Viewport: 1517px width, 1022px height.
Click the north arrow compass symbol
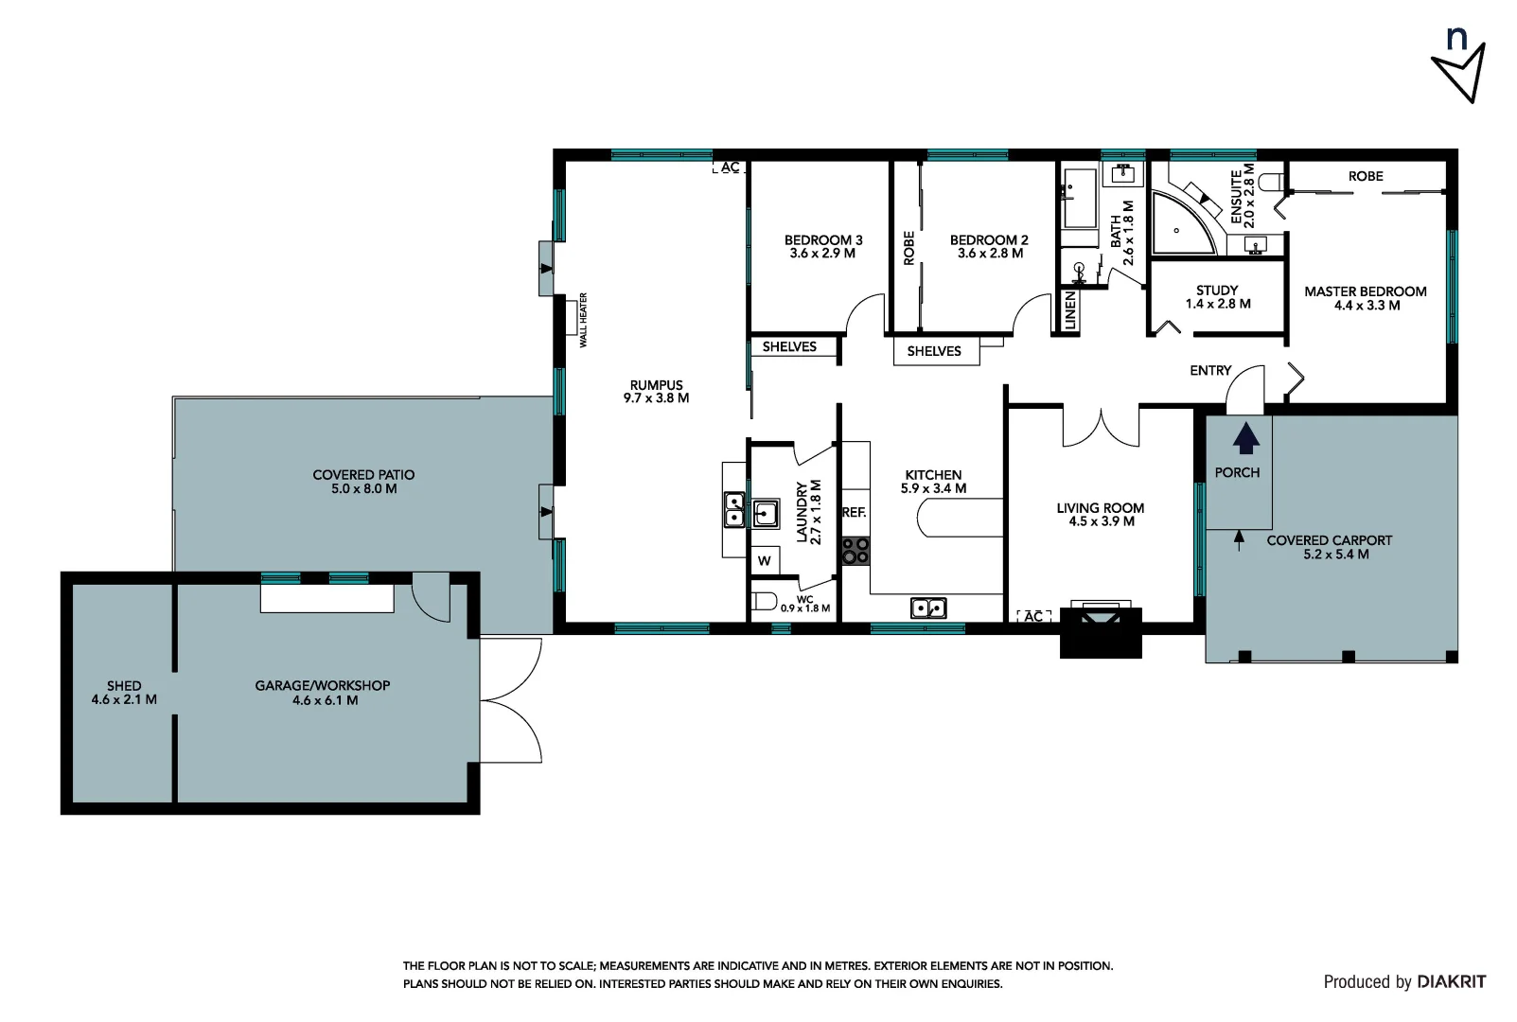point(1459,66)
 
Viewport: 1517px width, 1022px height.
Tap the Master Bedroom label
point(1365,291)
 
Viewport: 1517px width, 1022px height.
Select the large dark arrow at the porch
point(1246,439)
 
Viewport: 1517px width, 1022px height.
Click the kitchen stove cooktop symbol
point(856,551)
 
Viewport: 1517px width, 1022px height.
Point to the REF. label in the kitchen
point(854,512)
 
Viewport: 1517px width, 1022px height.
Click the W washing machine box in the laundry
point(765,560)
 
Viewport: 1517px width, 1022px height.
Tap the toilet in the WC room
point(763,600)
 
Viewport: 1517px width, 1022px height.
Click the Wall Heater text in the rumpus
point(584,320)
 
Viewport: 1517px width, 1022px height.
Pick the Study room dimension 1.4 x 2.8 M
point(1217,304)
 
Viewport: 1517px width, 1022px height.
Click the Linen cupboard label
point(1070,310)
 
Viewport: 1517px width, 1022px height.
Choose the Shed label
point(124,685)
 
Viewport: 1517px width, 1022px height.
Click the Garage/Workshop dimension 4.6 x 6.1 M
point(324,700)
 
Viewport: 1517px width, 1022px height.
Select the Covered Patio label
point(363,475)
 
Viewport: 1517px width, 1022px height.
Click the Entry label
point(1210,370)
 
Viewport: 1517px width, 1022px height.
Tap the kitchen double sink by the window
point(927,608)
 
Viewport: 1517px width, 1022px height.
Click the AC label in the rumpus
point(730,167)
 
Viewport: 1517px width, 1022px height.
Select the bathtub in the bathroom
point(1079,199)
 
